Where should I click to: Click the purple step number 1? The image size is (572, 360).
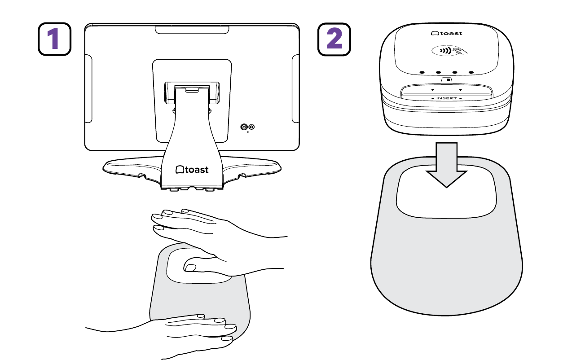[x=53, y=39]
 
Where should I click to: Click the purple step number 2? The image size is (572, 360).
[x=334, y=39]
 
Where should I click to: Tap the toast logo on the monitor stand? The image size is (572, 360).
[x=192, y=170]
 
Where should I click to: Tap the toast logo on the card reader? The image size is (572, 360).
[x=447, y=33]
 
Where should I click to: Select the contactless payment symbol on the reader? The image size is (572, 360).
[x=449, y=51]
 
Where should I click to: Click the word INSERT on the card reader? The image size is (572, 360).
[x=447, y=98]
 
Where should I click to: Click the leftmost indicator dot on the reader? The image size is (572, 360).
[x=422, y=73]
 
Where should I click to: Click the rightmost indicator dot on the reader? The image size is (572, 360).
[x=471, y=73]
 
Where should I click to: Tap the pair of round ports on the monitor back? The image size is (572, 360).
[x=248, y=127]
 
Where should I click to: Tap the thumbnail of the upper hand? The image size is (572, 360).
[x=190, y=268]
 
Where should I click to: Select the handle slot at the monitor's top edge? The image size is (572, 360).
[x=192, y=30]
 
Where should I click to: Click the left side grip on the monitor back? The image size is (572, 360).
[x=88, y=88]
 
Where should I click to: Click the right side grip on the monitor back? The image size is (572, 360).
[x=296, y=88]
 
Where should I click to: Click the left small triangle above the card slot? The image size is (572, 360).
[x=432, y=90]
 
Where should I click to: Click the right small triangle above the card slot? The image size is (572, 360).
[x=460, y=90]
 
